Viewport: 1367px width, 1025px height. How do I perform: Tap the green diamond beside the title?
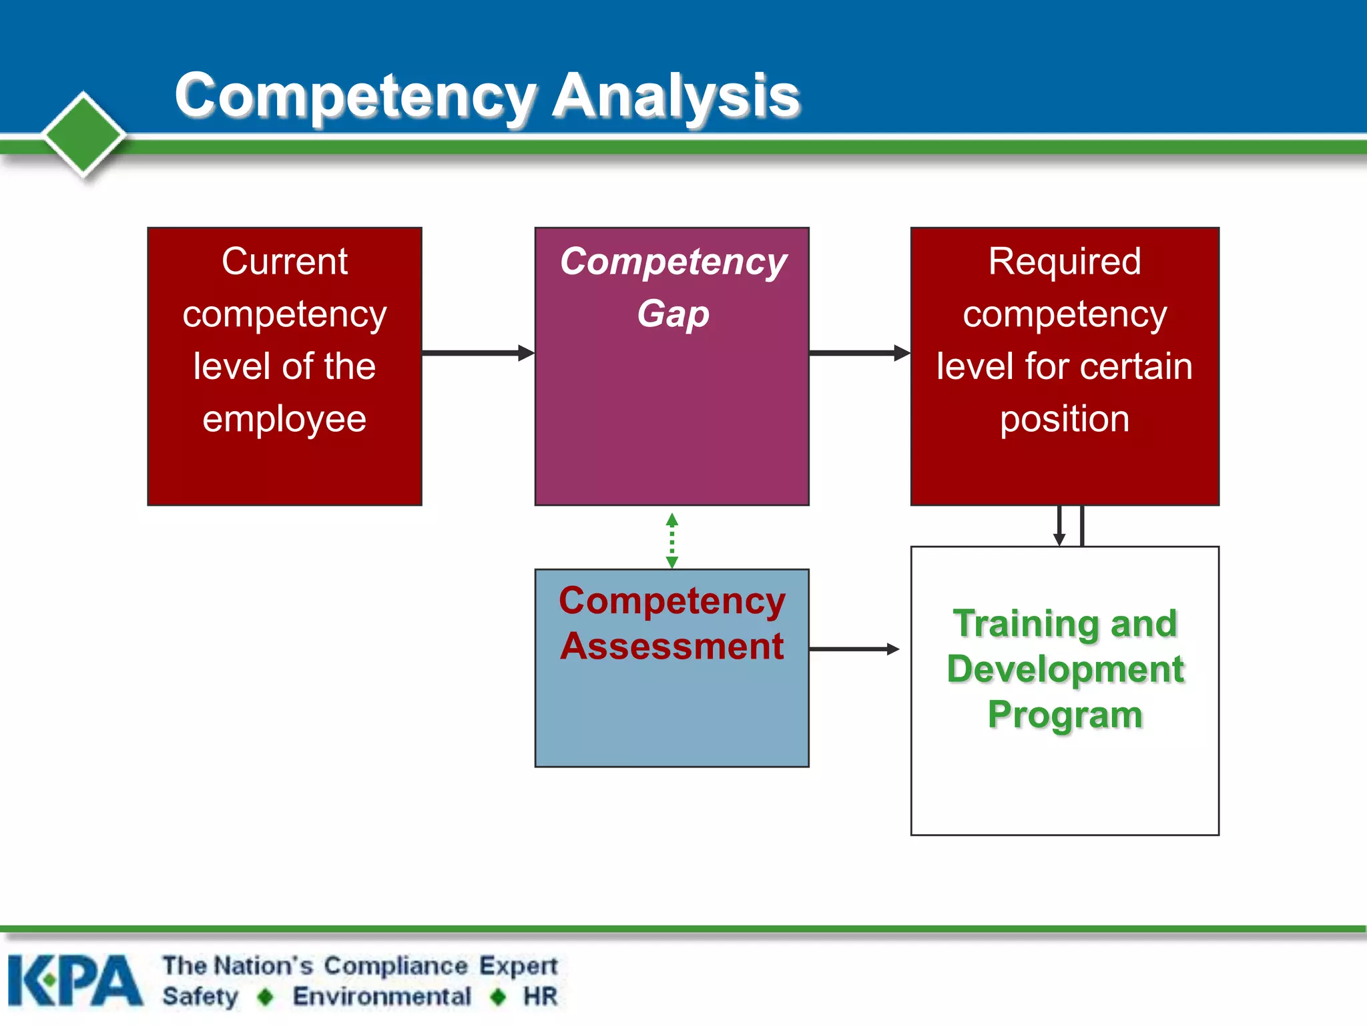[x=83, y=134]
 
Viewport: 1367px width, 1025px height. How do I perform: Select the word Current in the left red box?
[x=284, y=261]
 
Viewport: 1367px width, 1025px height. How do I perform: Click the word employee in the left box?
[x=284, y=420]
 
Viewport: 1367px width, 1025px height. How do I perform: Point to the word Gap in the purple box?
[x=673, y=314]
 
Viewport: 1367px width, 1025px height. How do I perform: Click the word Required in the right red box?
[x=1065, y=261]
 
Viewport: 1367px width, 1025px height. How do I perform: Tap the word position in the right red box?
[x=1065, y=420]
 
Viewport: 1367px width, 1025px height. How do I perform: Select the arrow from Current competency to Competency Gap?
[x=478, y=352]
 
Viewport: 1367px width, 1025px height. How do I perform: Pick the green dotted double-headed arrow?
[x=672, y=541]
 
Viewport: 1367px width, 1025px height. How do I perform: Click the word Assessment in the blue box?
[x=672, y=646]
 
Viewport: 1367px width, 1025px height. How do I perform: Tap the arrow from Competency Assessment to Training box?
[x=854, y=649]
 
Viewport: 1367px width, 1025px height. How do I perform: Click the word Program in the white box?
[x=1065, y=715]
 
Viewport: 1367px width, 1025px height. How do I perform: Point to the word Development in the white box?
[x=1065, y=669]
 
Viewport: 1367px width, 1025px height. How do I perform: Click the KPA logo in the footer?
[x=75, y=980]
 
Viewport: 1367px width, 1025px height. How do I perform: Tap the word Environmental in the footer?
[x=382, y=996]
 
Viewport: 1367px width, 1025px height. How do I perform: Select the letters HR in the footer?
[x=541, y=996]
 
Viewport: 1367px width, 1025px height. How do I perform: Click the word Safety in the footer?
[x=200, y=996]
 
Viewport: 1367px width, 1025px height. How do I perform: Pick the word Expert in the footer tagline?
[x=518, y=966]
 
